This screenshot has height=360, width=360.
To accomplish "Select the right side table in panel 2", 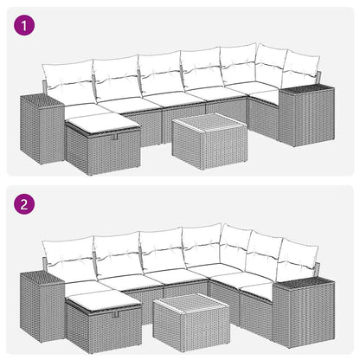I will (303, 312).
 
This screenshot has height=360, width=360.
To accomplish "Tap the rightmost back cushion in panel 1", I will (299, 70).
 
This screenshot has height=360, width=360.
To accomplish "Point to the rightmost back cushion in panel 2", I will (296, 259).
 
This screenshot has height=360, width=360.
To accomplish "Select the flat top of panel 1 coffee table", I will (206, 122).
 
